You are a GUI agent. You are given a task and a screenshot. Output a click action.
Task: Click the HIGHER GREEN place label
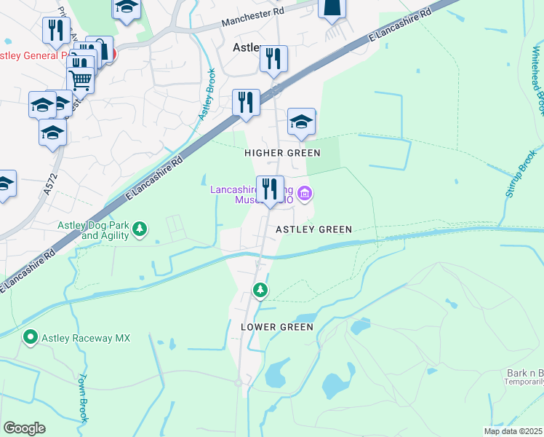point(282,153)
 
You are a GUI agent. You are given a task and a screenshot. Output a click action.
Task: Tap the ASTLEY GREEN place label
point(314,229)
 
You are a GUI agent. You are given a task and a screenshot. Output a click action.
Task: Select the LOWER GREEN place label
point(277,328)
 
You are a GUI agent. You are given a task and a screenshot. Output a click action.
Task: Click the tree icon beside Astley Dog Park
point(140,231)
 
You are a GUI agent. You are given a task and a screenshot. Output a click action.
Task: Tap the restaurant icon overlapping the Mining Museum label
point(270,189)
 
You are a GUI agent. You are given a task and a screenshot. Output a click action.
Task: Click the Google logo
point(24,428)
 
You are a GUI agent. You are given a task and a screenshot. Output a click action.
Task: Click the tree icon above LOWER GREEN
point(260,291)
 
